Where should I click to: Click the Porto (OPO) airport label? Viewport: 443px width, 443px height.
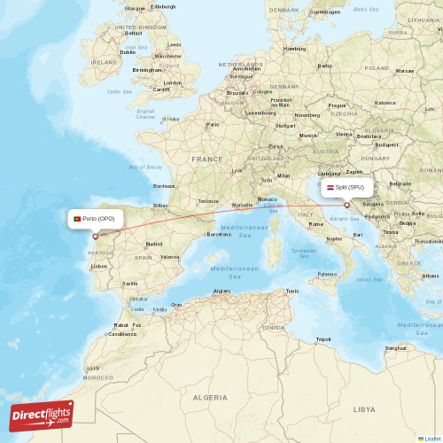click(x=94, y=218)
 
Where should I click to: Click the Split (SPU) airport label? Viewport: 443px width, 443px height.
click(x=346, y=187)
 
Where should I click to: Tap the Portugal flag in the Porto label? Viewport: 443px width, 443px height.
click(x=78, y=218)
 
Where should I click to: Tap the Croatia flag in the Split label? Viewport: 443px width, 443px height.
click(x=330, y=187)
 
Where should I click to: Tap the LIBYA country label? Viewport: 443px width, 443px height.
click(x=364, y=409)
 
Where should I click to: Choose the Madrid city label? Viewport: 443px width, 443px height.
click(x=153, y=244)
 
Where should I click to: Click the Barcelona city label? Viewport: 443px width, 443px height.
click(x=219, y=234)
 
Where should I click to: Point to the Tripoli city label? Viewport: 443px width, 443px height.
click(x=323, y=339)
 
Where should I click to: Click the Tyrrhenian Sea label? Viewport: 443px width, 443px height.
click(x=305, y=253)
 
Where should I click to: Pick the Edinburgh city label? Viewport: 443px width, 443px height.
click(x=163, y=6)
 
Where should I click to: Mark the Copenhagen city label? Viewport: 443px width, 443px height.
click(x=325, y=12)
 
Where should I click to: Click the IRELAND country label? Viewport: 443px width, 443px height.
click(x=104, y=63)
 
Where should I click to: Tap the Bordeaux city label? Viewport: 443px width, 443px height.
click(x=164, y=186)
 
